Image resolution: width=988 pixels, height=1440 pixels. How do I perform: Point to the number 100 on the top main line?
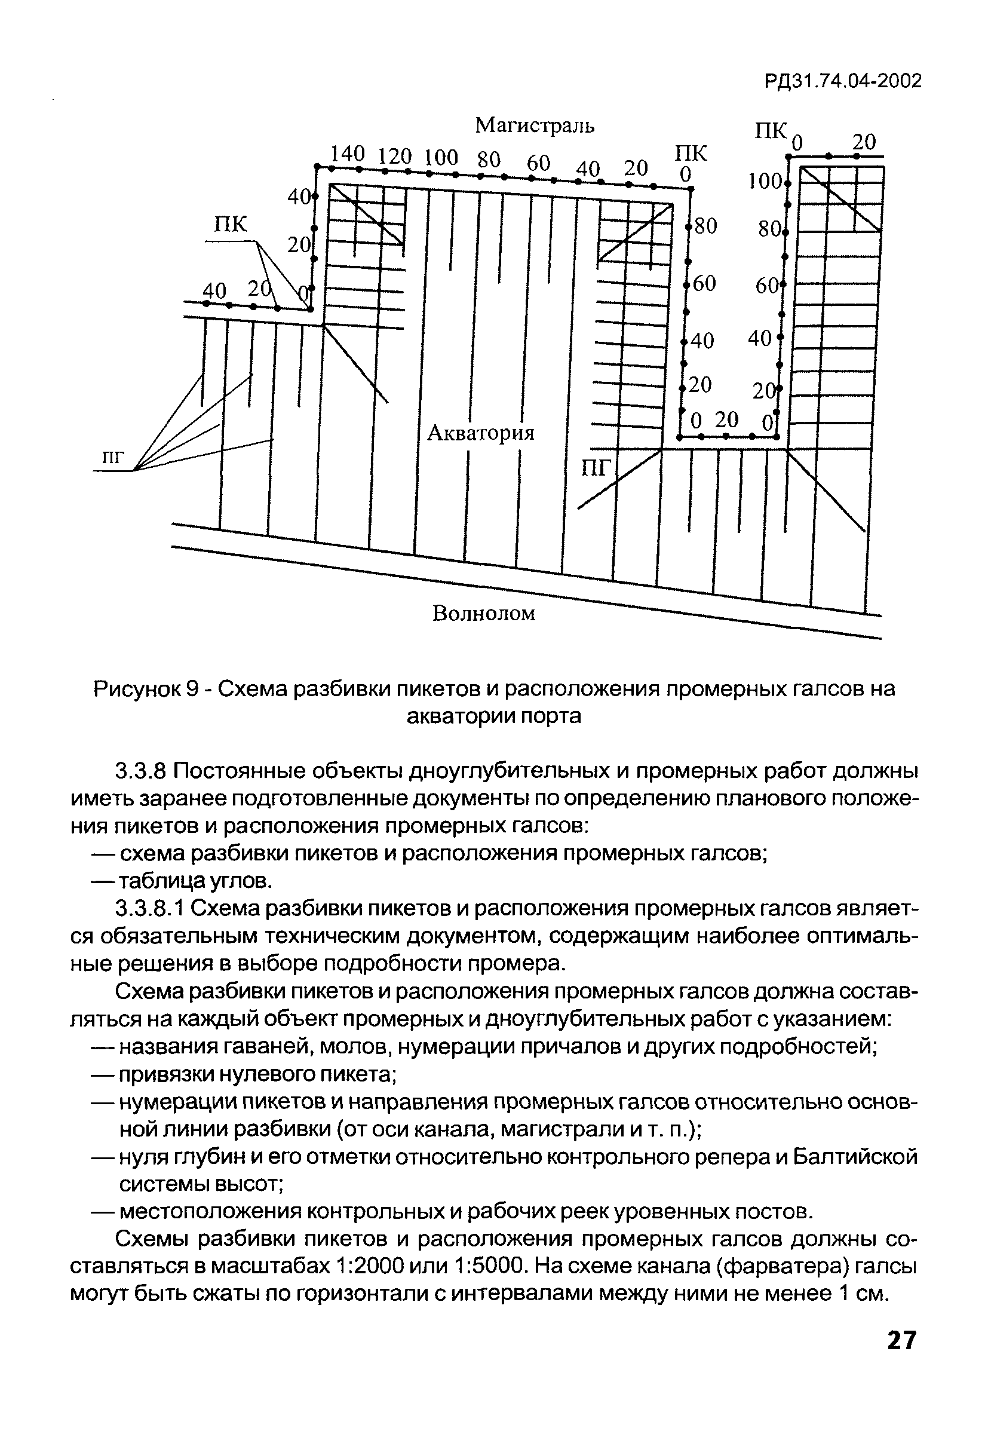pyautogui.click(x=441, y=157)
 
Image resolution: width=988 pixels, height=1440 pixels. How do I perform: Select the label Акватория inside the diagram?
pyautogui.click(x=481, y=432)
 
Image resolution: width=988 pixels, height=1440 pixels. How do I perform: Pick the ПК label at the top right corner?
pyautogui.click(x=770, y=131)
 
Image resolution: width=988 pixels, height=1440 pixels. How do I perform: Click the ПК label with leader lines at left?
pyautogui.click(x=231, y=223)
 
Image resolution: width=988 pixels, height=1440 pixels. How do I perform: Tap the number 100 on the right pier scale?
pyautogui.click(x=765, y=182)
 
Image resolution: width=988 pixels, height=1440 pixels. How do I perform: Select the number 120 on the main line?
pyautogui.click(x=395, y=155)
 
